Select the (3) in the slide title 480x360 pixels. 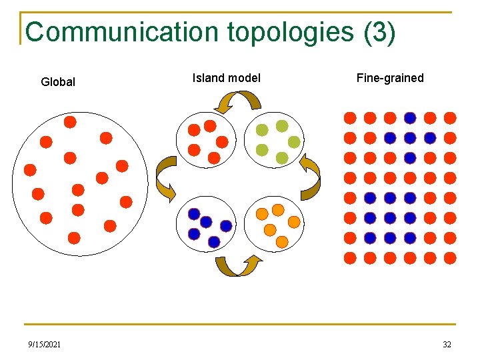click(380, 32)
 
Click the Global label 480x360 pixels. click(58, 82)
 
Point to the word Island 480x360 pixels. click(207, 78)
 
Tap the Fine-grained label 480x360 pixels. click(390, 78)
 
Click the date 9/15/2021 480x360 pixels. click(45, 345)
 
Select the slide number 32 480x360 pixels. click(446, 345)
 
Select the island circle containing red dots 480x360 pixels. click(205, 141)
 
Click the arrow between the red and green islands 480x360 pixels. click(240, 102)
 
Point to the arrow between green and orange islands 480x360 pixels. click(309, 177)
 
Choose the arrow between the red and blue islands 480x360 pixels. click(166, 179)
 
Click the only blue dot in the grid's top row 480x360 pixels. click(410, 117)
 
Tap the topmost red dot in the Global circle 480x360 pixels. click(70, 122)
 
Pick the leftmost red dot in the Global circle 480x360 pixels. click(30, 170)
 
